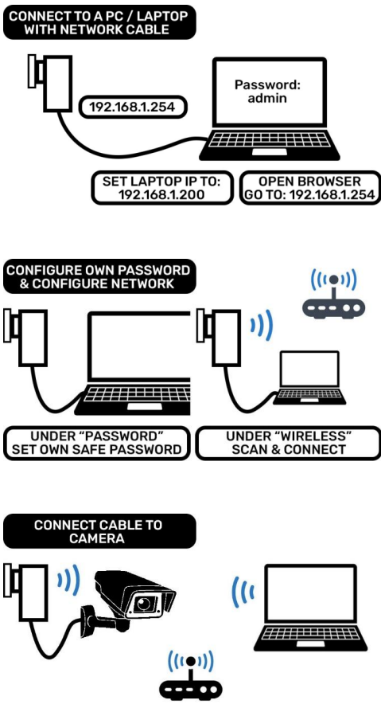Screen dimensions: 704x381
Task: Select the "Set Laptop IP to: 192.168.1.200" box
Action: pyautogui.click(x=156, y=188)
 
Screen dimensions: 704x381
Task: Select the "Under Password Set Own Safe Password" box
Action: pyautogui.click(x=95, y=443)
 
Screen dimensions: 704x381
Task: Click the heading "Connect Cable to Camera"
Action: pyautogui.click(x=99, y=531)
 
